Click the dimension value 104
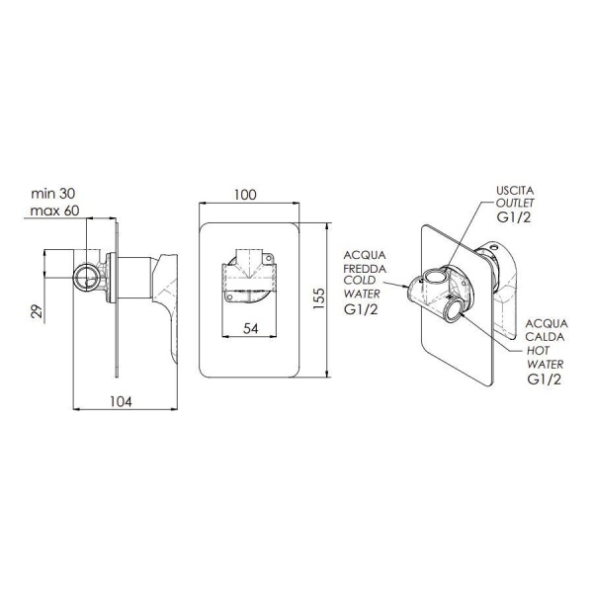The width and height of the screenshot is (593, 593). pos(121,401)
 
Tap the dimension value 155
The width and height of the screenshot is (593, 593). pos(319,298)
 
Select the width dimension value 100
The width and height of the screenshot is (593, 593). pos(245,195)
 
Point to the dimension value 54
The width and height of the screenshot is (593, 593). pos(250,329)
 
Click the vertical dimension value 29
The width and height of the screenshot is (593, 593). pos(38,312)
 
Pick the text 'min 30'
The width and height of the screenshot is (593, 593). pos(53,194)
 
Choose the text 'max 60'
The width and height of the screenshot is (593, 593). pos(54,211)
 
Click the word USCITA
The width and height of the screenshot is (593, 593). pos(515,190)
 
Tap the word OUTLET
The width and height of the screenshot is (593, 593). pos(515,203)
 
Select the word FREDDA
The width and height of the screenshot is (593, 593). pos(365,269)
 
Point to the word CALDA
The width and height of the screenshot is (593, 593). pos(545,337)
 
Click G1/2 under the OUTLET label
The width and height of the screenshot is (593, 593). pos(514,217)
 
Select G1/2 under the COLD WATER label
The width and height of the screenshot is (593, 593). pos(361,309)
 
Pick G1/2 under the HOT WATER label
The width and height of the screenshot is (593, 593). pos(545,380)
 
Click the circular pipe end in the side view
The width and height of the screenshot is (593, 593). pos(87,277)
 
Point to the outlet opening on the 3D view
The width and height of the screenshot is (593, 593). pos(435,277)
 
